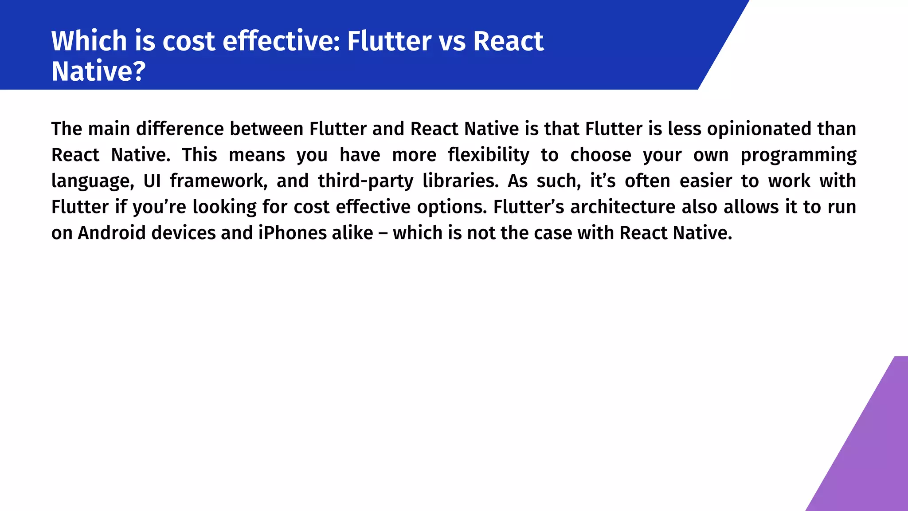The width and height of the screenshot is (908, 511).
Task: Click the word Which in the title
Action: [x=89, y=41]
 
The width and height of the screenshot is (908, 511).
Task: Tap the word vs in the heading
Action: [x=452, y=41]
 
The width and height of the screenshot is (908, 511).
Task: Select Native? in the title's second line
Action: [x=98, y=71]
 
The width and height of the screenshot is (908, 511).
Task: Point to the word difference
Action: [x=180, y=129]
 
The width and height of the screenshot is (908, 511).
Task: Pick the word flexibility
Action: [x=488, y=155]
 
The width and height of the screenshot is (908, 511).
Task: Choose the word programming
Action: [x=798, y=155]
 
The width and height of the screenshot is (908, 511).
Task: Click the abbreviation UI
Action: [x=152, y=181]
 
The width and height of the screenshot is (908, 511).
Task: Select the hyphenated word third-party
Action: [x=365, y=181]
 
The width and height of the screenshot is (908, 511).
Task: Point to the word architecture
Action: [x=623, y=207]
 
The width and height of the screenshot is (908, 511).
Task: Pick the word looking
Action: [x=224, y=207]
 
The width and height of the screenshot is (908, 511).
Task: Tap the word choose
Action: [x=600, y=155]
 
